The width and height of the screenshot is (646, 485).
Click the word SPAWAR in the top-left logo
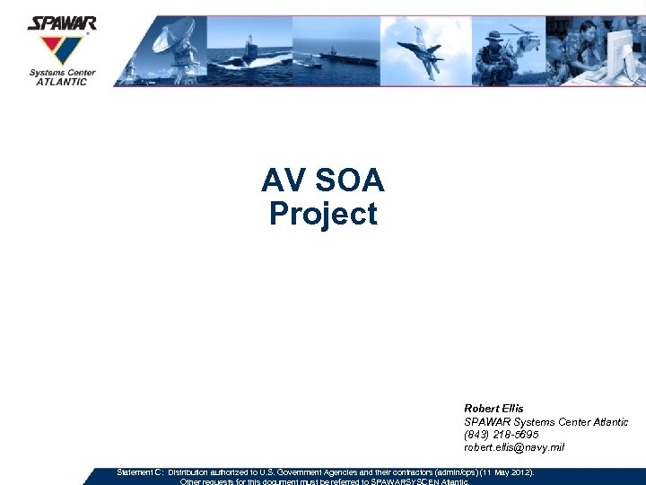point(62,23)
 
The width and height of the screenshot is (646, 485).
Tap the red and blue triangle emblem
point(60,48)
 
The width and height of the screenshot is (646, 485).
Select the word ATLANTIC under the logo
point(62,82)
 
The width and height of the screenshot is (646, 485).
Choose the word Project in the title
point(323,215)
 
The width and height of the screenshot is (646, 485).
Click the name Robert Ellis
point(493,409)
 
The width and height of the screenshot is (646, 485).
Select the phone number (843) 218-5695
point(502,435)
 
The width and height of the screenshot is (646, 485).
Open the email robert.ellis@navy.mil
point(514,447)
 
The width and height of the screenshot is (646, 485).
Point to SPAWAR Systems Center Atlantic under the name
point(546,422)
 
